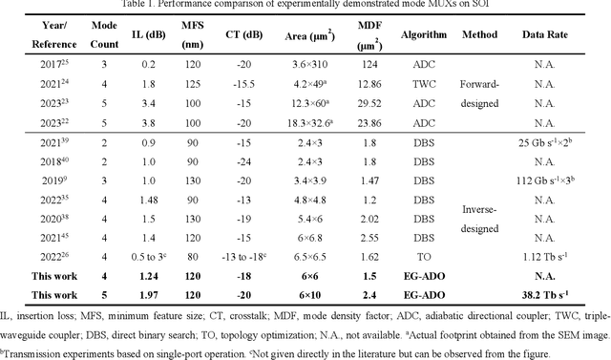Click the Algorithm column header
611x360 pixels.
tap(415, 34)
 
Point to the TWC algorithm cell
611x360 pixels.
tap(415, 83)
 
